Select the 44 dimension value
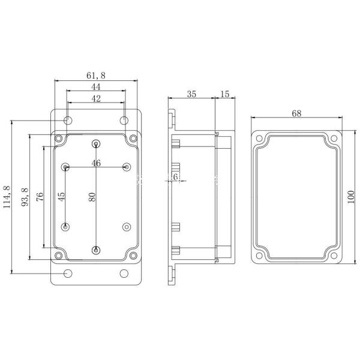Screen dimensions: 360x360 tap(96, 87)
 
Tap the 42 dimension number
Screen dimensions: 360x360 tap(96, 100)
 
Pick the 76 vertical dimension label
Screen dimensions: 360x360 tap(40, 197)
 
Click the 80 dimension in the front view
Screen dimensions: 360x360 tap(92, 197)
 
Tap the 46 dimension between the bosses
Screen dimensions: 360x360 tap(96, 163)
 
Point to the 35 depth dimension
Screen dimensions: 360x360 tap(191, 94)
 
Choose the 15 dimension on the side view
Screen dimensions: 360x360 tap(225, 94)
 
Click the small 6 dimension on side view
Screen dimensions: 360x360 tap(175, 176)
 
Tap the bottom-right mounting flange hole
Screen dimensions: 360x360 tap(124, 274)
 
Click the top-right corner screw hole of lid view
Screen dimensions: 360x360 tap(334, 140)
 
